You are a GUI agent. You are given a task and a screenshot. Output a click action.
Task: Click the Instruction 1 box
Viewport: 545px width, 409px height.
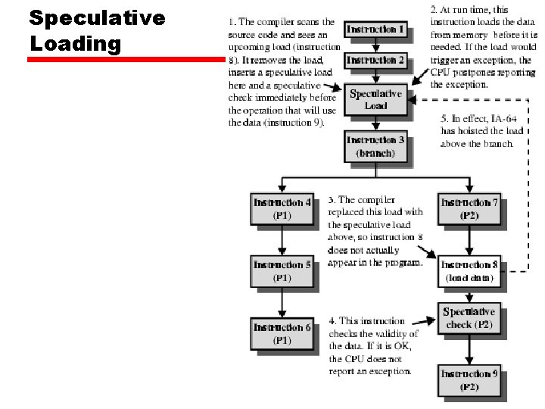[375, 30]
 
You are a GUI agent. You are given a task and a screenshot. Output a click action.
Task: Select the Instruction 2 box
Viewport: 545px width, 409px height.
[375, 60]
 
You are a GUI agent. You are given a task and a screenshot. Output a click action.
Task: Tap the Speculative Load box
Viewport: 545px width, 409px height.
[375, 100]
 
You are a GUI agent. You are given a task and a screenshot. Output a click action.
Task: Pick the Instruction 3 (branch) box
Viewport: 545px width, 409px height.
[375, 146]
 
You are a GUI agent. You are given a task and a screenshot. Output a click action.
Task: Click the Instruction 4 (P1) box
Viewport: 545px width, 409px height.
[282, 209]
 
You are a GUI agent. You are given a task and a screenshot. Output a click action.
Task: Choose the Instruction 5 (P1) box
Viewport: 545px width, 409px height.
[282, 271]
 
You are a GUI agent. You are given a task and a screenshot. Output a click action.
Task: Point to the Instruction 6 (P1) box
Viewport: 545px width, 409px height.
[282, 334]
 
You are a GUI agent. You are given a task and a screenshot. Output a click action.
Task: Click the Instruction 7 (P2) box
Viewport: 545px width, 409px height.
[469, 209]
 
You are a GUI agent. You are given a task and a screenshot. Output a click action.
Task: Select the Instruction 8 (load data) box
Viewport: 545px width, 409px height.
[469, 271]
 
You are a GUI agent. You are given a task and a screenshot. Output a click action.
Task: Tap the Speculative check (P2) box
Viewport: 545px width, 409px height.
[469, 318]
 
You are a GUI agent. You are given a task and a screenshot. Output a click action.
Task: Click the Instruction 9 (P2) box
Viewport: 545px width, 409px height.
[469, 380]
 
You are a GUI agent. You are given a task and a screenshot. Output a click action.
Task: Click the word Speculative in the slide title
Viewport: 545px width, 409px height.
[97, 18]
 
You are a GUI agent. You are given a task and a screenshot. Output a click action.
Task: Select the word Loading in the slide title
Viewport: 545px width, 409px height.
[76, 43]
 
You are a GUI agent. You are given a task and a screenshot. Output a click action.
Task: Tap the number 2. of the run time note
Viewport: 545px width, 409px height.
[434, 10]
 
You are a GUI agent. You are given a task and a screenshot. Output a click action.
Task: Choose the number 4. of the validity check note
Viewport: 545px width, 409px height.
[332, 321]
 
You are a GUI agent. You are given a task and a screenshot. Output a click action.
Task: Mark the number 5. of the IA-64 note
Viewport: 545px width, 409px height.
[444, 118]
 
